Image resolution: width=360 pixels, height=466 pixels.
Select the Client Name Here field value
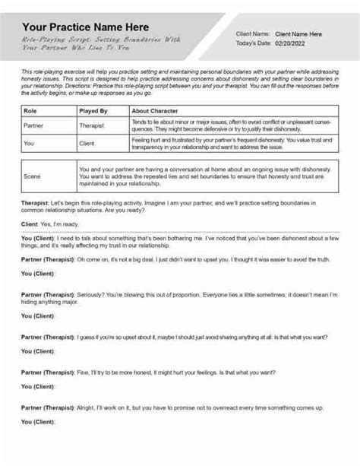298,33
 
